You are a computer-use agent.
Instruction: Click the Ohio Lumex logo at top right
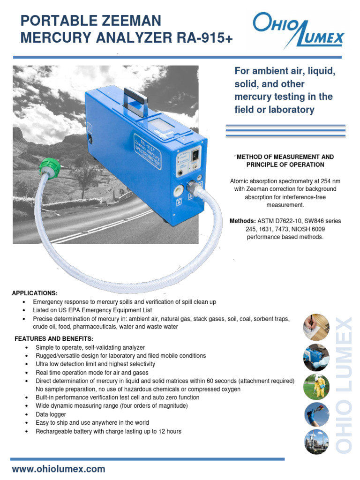(x=298, y=30)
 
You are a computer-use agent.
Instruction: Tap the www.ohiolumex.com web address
(x=59, y=469)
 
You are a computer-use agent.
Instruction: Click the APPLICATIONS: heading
(x=35, y=293)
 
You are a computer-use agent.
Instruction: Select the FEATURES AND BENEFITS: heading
(x=54, y=338)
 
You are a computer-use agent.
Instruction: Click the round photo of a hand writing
(x=316, y=327)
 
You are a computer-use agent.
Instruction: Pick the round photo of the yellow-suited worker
(x=316, y=386)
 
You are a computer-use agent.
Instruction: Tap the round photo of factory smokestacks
(x=316, y=442)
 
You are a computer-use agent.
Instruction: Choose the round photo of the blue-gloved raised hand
(x=316, y=414)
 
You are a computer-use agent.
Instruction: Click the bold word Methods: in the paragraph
(x=241, y=221)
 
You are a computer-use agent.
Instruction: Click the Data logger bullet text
(x=51, y=415)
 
